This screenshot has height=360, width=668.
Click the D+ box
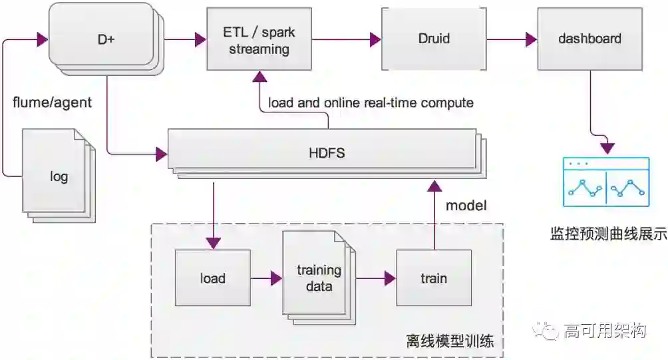pyautogui.click(x=104, y=39)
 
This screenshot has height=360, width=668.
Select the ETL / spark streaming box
pyautogui.click(x=259, y=40)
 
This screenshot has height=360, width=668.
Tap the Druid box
pyautogui.click(x=433, y=39)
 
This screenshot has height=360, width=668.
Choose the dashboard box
pyautogui.click(x=589, y=39)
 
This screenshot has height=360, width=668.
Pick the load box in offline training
pyautogui.click(x=212, y=278)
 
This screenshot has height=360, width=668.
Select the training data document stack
pyautogui.click(x=318, y=277)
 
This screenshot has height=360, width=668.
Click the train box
pyautogui.click(x=433, y=278)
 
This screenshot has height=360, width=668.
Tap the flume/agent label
pyautogui.click(x=53, y=102)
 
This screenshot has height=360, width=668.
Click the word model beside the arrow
pyautogui.click(x=466, y=205)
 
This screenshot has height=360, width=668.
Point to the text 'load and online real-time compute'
pyautogui.click(x=371, y=102)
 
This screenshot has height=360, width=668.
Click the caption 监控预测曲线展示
pyautogui.click(x=608, y=234)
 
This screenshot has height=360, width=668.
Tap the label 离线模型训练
pyautogui.click(x=450, y=342)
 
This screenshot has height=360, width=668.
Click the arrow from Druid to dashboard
pyautogui.click(x=512, y=39)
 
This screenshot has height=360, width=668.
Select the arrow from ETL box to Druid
pyautogui.click(x=346, y=39)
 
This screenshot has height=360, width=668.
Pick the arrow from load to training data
pyautogui.click(x=266, y=278)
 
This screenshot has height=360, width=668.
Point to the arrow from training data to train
pyautogui.click(x=375, y=278)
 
